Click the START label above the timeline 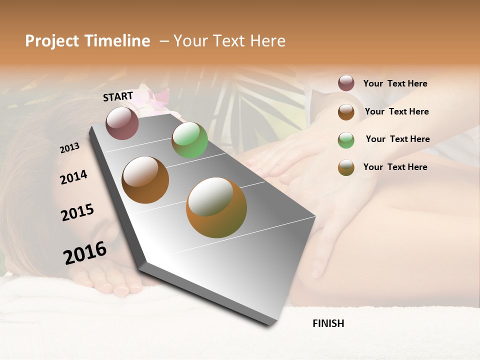click(118, 96)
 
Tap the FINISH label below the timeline click(328, 323)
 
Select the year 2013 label click(69, 148)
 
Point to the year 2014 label click(73, 177)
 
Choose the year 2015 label click(77, 212)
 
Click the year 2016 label click(85, 252)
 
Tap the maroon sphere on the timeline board click(122, 123)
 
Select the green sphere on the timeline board click(189, 140)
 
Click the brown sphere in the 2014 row click(145, 179)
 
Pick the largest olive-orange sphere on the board click(216, 207)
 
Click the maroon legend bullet click(346, 83)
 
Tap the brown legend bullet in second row click(346, 111)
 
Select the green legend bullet click(346, 139)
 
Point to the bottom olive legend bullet click(346, 167)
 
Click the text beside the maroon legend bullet click(395, 83)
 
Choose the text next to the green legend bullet click(397, 139)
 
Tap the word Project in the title click(52, 41)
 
